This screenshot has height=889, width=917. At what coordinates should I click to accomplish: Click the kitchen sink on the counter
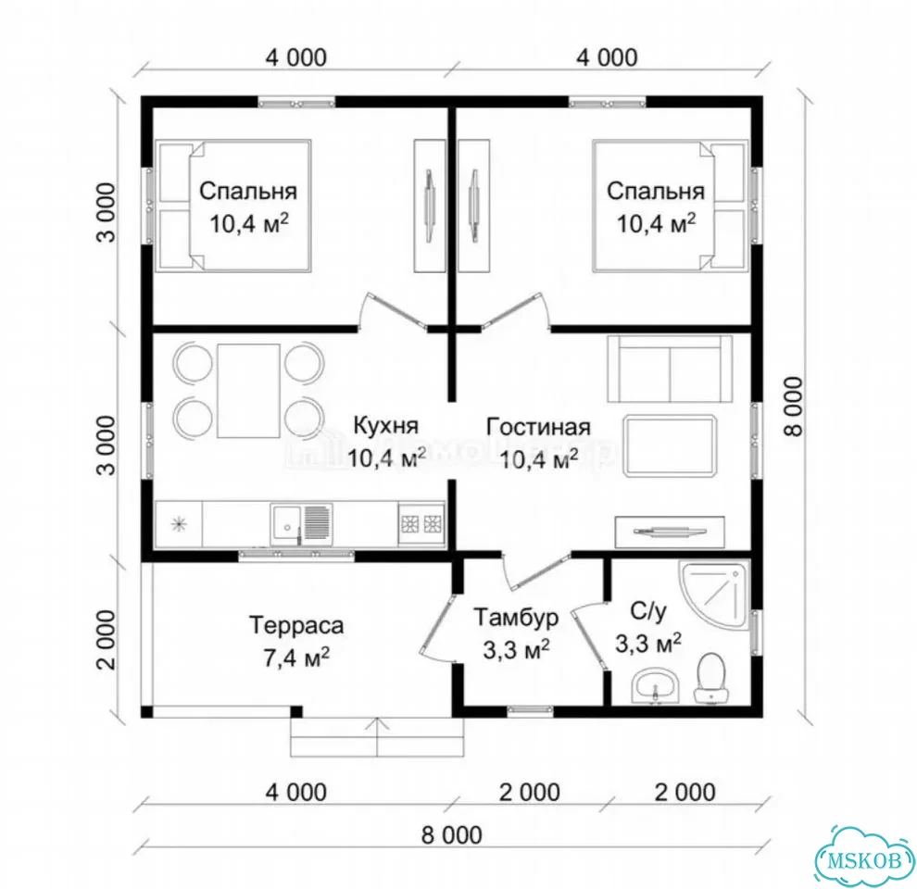[300, 525]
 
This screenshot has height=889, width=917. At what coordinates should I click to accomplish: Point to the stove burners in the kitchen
[421, 523]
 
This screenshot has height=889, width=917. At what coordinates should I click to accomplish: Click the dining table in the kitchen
[248, 391]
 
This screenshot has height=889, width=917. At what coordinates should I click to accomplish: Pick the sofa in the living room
[670, 369]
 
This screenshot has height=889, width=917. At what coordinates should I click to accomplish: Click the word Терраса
[296, 626]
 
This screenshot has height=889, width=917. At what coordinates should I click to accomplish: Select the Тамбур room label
[516, 617]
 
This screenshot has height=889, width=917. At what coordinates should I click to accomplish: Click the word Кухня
[386, 425]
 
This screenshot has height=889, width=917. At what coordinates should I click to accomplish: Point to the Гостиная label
[538, 427]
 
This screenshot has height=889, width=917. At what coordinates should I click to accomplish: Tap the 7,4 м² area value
[296, 658]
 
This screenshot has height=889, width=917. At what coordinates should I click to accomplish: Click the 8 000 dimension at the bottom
[451, 835]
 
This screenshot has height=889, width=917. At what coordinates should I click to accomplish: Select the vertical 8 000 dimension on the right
[794, 406]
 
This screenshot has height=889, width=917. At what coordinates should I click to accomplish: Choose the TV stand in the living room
[670, 531]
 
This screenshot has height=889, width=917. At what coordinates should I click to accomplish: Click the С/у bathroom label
[648, 611]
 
